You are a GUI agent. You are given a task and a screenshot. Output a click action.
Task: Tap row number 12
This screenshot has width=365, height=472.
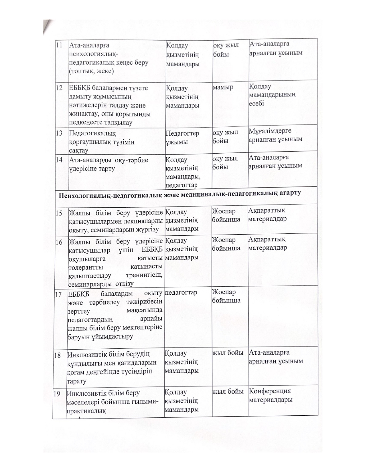(x=60, y=88)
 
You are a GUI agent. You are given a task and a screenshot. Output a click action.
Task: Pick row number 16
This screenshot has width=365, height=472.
(x=59, y=242)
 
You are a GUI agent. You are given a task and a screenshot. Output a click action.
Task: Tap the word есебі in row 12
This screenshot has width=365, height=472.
(x=256, y=103)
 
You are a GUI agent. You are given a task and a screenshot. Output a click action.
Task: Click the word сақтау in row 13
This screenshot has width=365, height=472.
(x=79, y=150)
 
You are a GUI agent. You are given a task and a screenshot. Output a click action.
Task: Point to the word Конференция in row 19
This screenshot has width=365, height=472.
(x=270, y=391)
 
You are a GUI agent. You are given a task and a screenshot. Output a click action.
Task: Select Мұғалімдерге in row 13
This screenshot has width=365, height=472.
(x=270, y=131)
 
